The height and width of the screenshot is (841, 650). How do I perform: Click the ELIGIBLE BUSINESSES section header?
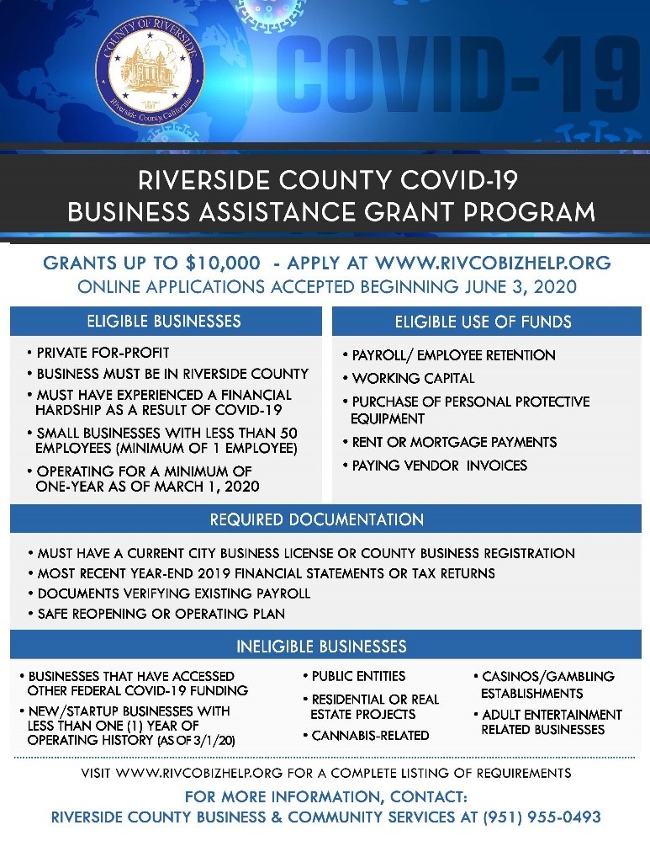[x=164, y=321]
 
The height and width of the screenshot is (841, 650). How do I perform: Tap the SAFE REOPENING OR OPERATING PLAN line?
[x=161, y=614]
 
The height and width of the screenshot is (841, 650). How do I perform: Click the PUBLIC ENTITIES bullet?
[x=358, y=676]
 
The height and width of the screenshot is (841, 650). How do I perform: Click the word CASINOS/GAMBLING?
[x=547, y=676]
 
